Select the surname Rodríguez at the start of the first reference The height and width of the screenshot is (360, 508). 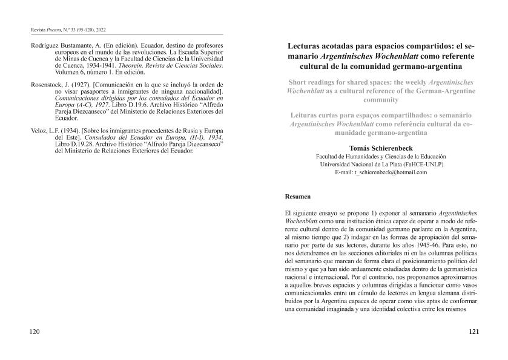coord(48,45)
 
